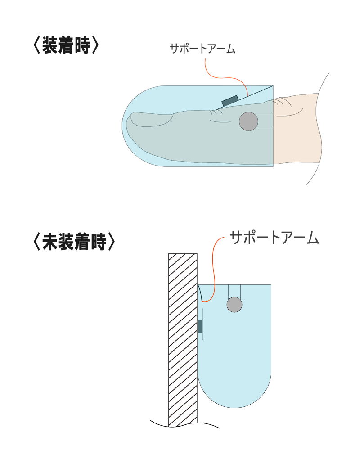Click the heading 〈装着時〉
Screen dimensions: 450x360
(x=66, y=45)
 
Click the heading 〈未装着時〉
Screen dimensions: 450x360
(x=74, y=242)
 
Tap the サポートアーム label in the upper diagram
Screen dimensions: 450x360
(x=202, y=49)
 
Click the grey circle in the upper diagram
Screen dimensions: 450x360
(x=248, y=121)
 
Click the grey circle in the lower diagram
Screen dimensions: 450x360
(x=234, y=305)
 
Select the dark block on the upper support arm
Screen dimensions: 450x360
(x=230, y=101)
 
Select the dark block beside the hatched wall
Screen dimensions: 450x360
(x=200, y=326)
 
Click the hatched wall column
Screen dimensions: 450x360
(x=182, y=337)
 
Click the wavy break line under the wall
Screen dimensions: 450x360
(x=184, y=424)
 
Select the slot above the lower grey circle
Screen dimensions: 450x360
(x=234, y=291)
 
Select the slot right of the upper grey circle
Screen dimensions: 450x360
(x=265, y=121)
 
